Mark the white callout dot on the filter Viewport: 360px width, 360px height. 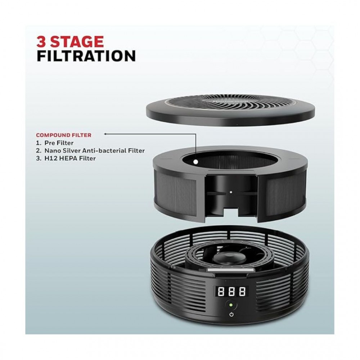click(x=195, y=162)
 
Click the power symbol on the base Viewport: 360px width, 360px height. click(x=231, y=315)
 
